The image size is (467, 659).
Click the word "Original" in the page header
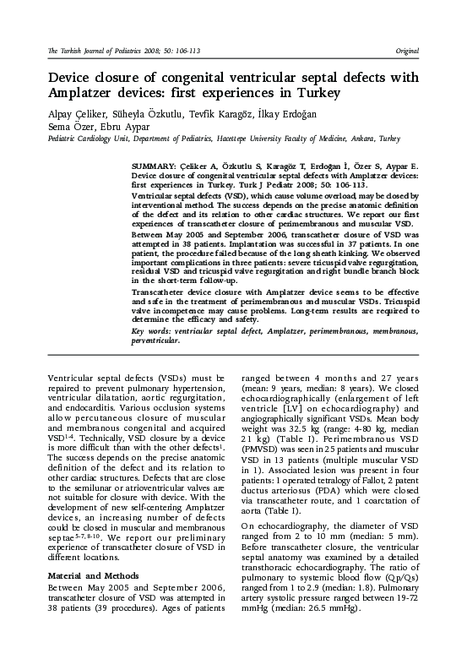[407, 52]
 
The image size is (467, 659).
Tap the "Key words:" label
[151, 333]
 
